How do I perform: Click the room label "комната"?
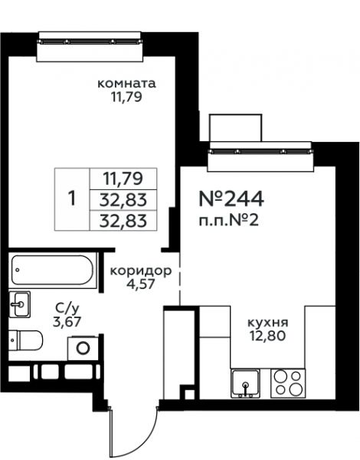[x=126, y=84]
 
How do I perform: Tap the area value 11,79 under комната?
[x=126, y=97]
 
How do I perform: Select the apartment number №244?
[x=231, y=199]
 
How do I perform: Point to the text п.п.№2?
[x=229, y=220]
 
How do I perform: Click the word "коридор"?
[x=141, y=271]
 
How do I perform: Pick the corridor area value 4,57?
[x=141, y=284]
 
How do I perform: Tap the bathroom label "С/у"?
[x=67, y=309]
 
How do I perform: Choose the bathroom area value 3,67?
[x=67, y=322]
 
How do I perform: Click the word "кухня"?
[x=268, y=323]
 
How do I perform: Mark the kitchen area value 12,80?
[x=267, y=336]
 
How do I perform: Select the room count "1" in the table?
[x=72, y=199]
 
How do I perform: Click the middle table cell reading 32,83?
[x=123, y=200]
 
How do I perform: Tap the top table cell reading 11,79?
[x=123, y=179]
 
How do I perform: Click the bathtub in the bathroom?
[x=53, y=270]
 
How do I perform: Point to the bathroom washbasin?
[x=20, y=304]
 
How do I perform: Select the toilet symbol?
[x=26, y=340]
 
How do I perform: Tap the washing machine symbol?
[x=83, y=348]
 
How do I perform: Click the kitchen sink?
[x=245, y=383]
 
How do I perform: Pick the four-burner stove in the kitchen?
[x=288, y=383]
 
